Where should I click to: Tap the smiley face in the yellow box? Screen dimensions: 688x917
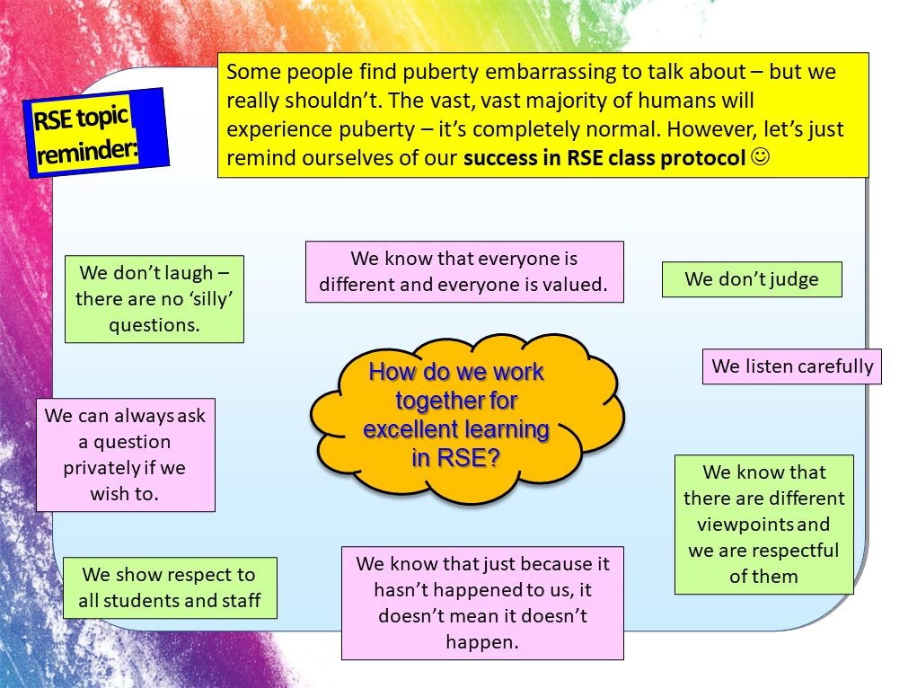coord(759,157)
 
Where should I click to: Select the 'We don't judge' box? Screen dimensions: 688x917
coord(752,279)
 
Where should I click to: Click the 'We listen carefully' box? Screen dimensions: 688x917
coord(792,366)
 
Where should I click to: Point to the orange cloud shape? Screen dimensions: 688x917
coord(467,413)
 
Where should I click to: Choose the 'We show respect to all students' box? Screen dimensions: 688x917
coord(169,588)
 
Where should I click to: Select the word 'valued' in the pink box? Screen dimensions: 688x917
coord(574,286)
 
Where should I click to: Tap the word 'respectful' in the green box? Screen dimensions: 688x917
coord(790,551)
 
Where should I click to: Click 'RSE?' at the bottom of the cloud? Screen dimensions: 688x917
coord(468,458)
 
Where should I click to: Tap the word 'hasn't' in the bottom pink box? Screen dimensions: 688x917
coord(406,590)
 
